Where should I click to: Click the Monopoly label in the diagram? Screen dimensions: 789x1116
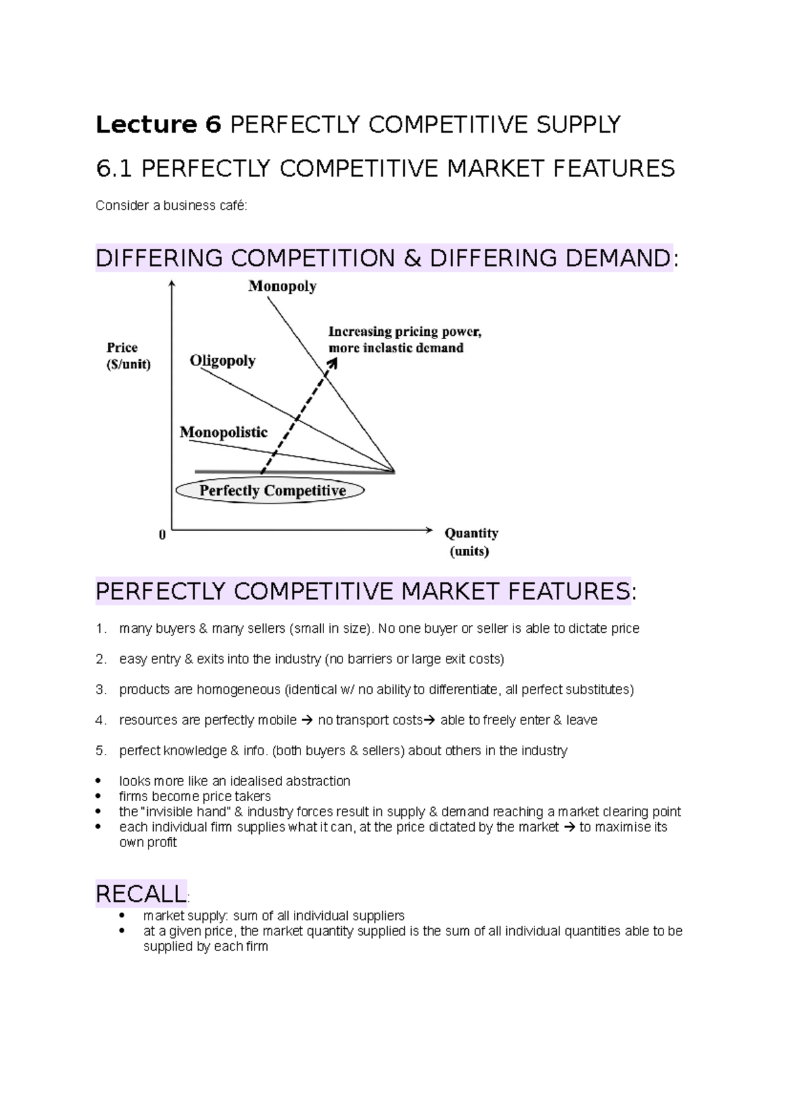pyautogui.click(x=282, y=287)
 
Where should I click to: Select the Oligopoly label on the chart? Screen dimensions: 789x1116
pyautogui.click(x=222, y=361)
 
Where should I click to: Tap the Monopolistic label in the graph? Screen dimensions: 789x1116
pyautogui.click(x=224, y=432)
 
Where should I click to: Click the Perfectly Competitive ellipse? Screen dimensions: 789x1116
pyautogui.click(x=271, y=491)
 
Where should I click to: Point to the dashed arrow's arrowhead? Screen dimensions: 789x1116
pyautogui.click(x=333, y=363)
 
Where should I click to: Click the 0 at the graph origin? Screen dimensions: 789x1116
pyautogui.click(x=162, y=536)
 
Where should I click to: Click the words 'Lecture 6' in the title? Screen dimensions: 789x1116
pyautogui.click(x=158, y=124)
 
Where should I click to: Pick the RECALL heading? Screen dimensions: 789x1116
pyautogui.click(x=141, y=894)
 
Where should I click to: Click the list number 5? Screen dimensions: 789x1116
pyautogui.click(x=100, y=751)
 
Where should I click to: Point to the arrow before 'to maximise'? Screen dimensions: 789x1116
pyautogui.click(x=569, y=827)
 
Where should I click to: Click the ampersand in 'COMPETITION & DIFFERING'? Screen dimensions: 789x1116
pyautogui.click(x=412, y=258)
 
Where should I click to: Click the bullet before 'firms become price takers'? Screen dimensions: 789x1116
pyautogui.click(x=99, y=797)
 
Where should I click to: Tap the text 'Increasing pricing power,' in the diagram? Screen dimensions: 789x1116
pyautogui.click(x=405, y=332)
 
